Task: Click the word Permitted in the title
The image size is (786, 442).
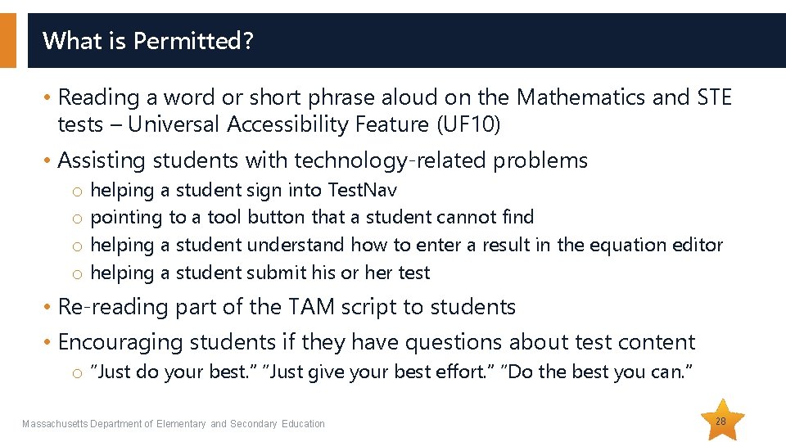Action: [x=187, y=40]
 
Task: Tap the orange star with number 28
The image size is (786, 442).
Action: [x=720, y=421]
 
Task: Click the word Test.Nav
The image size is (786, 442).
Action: [x=362, y=190]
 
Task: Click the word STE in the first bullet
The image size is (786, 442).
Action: [x=714, y=97]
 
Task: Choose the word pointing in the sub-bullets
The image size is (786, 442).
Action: [x=126, y=217]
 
